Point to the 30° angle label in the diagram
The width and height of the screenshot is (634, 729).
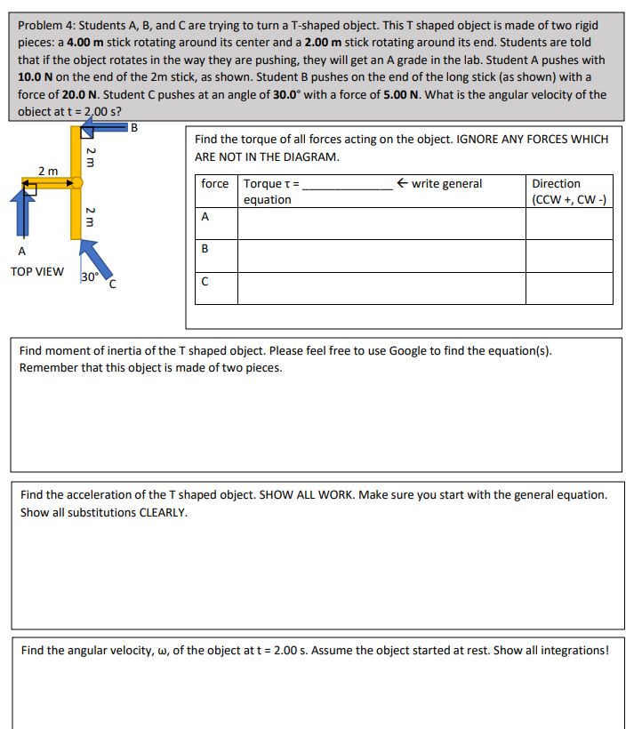coord(89,277)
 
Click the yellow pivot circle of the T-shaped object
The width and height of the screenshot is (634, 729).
coord(76,183)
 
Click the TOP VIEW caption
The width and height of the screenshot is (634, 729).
coord(36,271)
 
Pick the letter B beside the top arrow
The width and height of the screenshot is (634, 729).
coord(133,126)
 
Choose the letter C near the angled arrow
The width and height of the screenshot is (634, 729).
coord(112,284)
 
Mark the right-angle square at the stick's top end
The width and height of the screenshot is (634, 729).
coord(86,132)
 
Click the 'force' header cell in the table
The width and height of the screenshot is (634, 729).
coord(214,184)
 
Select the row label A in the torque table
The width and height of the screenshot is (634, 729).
coord(206,216)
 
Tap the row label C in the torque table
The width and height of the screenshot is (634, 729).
coord(206,283)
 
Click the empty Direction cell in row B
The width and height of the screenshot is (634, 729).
coord(568,255)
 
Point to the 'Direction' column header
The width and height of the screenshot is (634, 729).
coord(556,184)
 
